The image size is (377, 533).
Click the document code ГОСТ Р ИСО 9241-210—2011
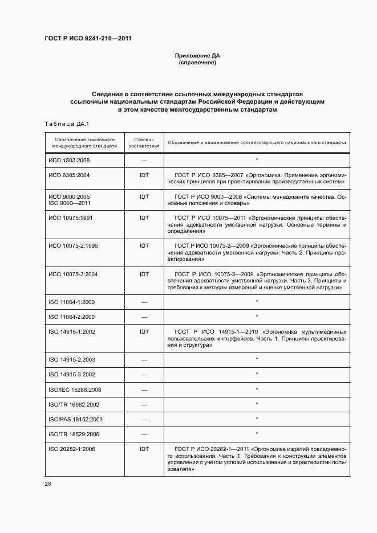tap(88, 39)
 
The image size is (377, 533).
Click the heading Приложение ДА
tap(197, 56)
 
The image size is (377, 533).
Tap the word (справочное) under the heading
tap(197, 63)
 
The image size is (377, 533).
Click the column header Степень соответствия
tap(144, 142)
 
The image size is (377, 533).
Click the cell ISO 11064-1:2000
tap(72, 302)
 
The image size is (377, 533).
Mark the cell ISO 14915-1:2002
tap(72, 331)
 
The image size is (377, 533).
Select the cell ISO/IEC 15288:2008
tap(75, 389)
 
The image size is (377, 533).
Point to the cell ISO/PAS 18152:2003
tap(75, 419)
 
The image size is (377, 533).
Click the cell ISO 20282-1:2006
tap(72, 449)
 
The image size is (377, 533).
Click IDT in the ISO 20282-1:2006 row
tap(144, 449)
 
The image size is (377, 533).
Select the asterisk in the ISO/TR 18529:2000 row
tap(257, 434)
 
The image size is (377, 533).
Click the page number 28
tap(47, 484)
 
